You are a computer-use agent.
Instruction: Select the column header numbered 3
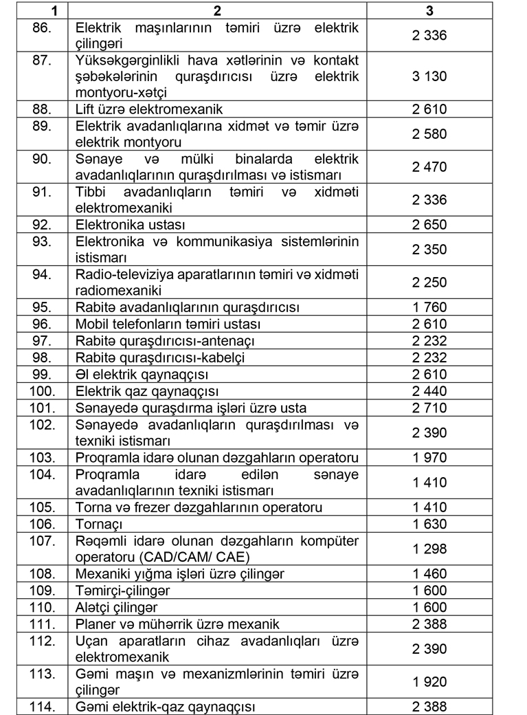[x=429, y=11]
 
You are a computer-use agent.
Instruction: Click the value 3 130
[x=429, y=76]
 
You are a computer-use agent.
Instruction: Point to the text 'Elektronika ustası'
[x=131, y=225]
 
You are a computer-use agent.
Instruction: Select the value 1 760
[x=429, y=307]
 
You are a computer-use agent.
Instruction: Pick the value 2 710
[x=429, y=408]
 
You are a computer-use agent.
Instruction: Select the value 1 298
[x=429, y=549]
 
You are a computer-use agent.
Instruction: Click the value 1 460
[x=429, y=574]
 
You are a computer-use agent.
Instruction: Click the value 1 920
[x=429, y=682]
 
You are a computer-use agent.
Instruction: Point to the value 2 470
[x=429, y=167]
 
